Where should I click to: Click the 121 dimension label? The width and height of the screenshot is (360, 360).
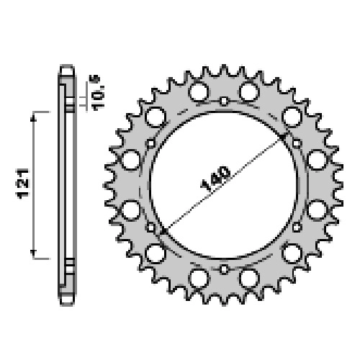click(x=23, y=184)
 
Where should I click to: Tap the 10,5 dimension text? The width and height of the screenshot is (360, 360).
click(x=98, y=93)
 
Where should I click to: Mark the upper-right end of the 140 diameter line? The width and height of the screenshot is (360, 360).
click(x=283, y=137)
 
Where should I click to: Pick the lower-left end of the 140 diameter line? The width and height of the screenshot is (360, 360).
click(x=164, y=232)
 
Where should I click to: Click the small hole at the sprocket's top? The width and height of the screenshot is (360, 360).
click(x=224, y=101)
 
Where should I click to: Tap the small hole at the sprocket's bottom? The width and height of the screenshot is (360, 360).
click(x=224, y=269)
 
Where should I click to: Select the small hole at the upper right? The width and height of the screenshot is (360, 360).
click(x=297, y=143)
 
